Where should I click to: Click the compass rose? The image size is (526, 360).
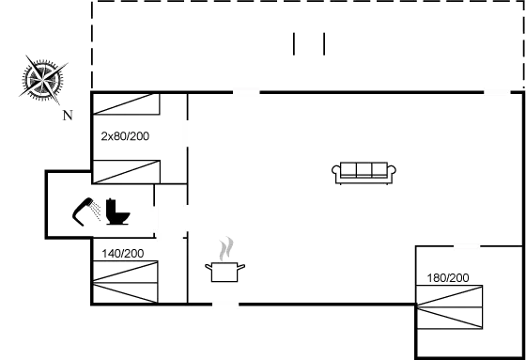(43, 78)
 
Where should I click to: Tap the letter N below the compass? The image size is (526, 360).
(67, 116)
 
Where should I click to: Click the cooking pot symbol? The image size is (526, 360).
(226, 273)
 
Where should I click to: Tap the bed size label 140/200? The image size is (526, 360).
(124, 254)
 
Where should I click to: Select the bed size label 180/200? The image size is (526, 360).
(448, 278)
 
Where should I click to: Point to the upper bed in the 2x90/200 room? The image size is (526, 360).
(127, 103)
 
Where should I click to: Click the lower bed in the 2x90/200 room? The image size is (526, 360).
(127, 171)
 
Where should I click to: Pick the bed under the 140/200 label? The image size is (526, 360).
(126, 283)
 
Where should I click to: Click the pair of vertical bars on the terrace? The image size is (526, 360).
(309, 44)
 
